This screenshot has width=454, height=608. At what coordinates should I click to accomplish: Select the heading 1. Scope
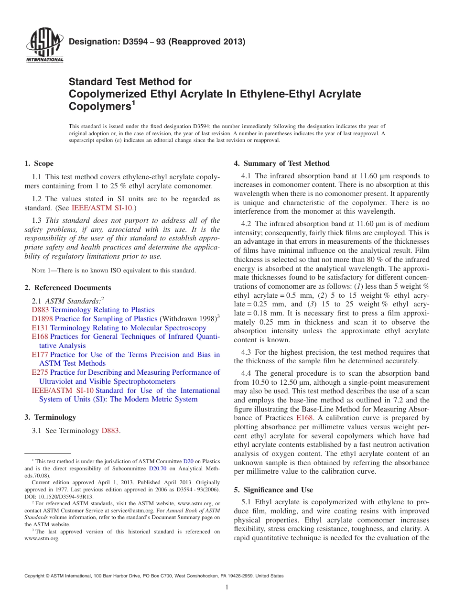click(x=39, y=163)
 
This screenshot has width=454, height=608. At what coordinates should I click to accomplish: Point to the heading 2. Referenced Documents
click(x=67, y=288)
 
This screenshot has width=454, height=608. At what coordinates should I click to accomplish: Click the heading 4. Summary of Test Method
click(x=281, y=163)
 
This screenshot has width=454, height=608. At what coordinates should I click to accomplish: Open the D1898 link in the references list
click(x=42, y=319)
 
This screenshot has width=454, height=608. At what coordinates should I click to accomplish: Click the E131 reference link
click(x=40, y=328)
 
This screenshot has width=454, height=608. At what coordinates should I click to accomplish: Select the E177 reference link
click(x=40, y=355)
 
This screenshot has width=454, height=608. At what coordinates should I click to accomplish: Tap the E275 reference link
click(x=40, y=372)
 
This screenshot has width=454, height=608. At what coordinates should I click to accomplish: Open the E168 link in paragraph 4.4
click(x=304, y=418)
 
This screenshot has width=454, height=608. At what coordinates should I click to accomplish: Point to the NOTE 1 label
click(x=36, y=271)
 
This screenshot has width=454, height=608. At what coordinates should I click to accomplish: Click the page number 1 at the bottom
click(x=227, y=587)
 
